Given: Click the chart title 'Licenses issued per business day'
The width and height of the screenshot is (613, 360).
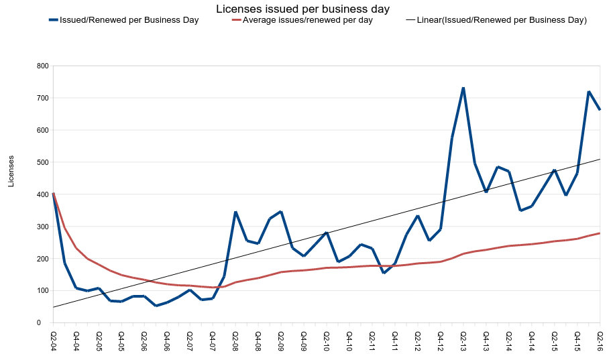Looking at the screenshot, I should tap(302, 9).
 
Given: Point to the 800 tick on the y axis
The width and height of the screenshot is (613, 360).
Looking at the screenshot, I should tap(43, 66).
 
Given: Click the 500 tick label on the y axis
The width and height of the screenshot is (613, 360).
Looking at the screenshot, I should tap(43, 162).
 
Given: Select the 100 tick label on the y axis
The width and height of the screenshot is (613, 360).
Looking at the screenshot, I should tap(43, 291).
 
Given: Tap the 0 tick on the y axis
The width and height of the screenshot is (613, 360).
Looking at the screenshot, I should tap(46, 323).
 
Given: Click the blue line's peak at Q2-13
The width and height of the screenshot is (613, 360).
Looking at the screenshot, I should tap(463, 88).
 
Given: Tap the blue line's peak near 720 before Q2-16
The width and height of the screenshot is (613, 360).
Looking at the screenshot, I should tap(589, 91).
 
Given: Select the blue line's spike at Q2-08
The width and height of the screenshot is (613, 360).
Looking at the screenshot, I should tap(235, 212).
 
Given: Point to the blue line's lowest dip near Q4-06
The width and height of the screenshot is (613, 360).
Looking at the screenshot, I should tap(156, 306).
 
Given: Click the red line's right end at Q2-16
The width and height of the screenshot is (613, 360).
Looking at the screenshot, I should tap(600, 233).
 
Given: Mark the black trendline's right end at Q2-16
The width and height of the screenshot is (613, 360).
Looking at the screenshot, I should tap(600, 160).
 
